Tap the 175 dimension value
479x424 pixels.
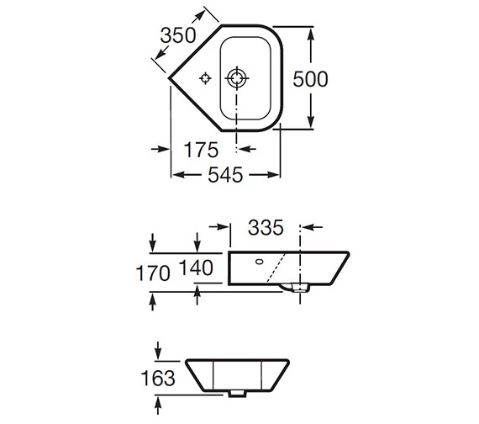(x=201, y=150)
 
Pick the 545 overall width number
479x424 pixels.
(x=224, y=175)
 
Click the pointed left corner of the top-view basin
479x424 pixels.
(x=170, y=80)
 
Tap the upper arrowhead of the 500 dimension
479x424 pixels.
(x=312, y=34)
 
